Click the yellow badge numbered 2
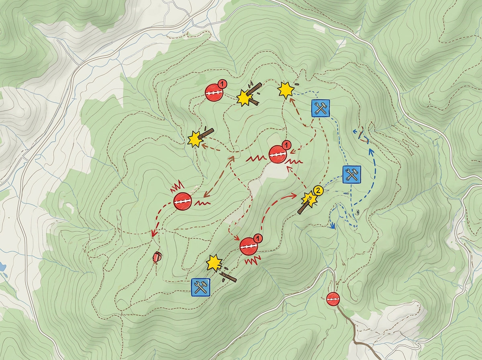pyautogui.click(x=318, y=190)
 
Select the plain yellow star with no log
pyautogui.click(x=286, y=90)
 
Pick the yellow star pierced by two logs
pyautogui.click(x=243, y=97)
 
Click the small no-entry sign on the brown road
pyautogui.click(x=333, y=299)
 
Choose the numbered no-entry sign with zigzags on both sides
pyautogui.click(x=277, y=154)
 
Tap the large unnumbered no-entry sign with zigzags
pyautogui.click(x=183, y=201)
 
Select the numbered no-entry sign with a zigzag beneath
pyautogui.click(x=249, y=245)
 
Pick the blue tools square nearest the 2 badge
pyautogui.click(x=351, y=174)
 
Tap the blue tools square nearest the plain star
pyautogui.click(x=320, y=108)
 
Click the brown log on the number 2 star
pyautogui.click(x=303, y=208)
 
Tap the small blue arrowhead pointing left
pyautogui.click(x=355, y=131)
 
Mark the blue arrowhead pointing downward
pyautogui.click(x=332, y=226)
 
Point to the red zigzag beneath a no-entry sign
pyautogui.click(x=253, y=261)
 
